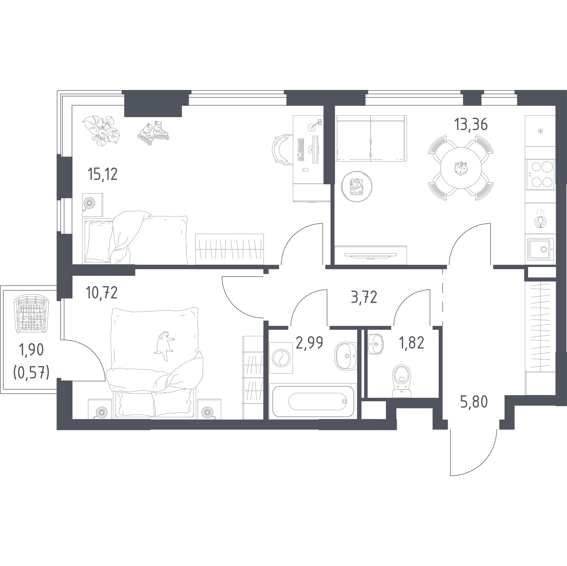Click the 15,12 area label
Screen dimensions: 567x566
coord(103,174)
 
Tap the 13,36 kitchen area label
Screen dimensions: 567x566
coord(471,124)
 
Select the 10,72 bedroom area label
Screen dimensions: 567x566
coord(102,293)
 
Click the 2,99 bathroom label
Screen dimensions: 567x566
coord(309,342)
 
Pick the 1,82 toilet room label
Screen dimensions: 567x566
coord(411,342)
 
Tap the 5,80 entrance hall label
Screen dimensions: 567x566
coord(474,402)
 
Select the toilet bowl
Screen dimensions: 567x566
coord(401,381)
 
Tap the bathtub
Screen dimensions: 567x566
coord(313,401)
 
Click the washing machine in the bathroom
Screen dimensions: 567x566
coord(281,358)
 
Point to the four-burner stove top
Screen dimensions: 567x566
coord(540,175)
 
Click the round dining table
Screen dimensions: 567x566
coord(461,168)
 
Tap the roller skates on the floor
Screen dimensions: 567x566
coord(153,133)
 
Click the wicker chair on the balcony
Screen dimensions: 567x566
coord(31,314)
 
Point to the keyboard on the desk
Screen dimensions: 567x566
coord(301,150)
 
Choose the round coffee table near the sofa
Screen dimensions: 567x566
coord(357,187)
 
